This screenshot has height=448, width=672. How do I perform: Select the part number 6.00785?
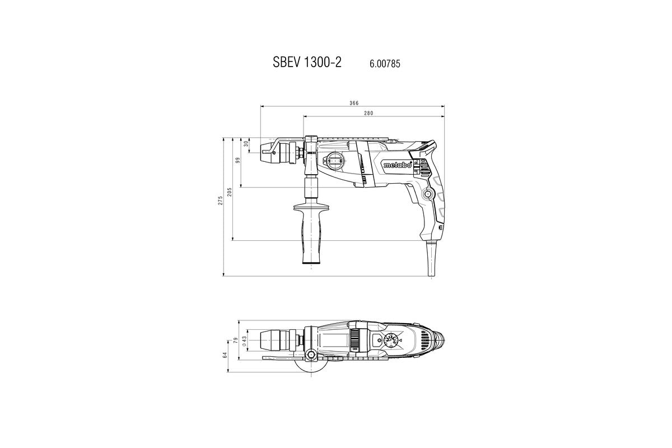coord(384,64)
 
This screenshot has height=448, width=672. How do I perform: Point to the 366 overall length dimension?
coord(353,103)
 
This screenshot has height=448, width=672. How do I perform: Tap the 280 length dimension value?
coord(368,113)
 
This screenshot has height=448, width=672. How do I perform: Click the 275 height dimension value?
coord(221,201)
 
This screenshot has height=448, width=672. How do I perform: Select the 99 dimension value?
coord(238,160)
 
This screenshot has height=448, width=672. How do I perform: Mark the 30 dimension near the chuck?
coord(246,143)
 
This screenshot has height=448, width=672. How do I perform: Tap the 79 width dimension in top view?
coord(236,340)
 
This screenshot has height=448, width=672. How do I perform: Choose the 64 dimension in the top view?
coord(225,354)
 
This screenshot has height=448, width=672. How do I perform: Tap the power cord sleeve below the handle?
coord(432,259)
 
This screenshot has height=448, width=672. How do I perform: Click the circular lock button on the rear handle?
coord(429,194)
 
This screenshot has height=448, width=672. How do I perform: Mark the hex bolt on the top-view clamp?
coord(310,354)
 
